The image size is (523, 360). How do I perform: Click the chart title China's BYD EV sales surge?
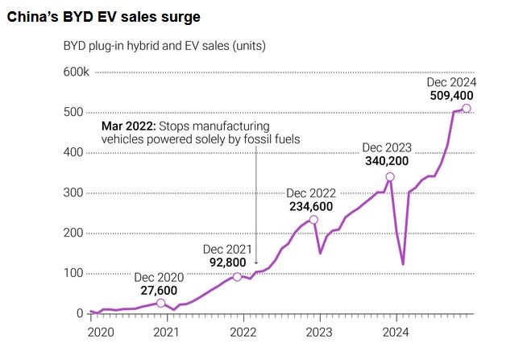point(104,16)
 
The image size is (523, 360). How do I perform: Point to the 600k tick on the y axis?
point(77,72)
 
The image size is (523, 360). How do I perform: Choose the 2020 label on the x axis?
point(101,331)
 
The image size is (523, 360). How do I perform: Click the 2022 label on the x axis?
point(243,331)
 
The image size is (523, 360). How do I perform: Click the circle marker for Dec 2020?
point(160,303)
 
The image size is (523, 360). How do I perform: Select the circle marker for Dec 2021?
point(237,276)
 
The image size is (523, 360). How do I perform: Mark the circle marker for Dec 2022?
point(313,219)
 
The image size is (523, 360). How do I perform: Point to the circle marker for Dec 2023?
point(390,177)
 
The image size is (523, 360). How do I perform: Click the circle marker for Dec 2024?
point(467,109)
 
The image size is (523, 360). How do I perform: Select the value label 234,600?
point(312,205)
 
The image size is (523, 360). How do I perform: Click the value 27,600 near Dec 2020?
point(156,290)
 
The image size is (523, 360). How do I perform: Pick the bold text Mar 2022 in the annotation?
point(128,126)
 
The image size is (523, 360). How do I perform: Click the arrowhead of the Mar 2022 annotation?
point(255,263)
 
